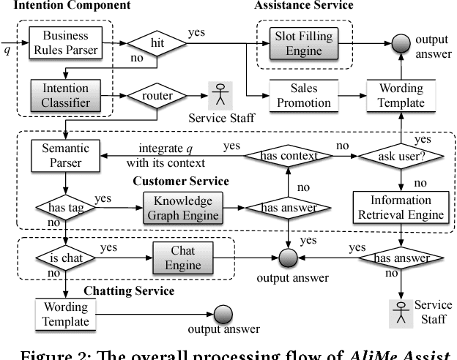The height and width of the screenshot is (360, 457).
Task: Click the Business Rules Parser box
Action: (x=64, y=42)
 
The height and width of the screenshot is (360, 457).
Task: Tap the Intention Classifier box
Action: (x=64, y=94)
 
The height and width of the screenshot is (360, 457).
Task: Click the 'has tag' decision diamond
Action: (x=59, y=208)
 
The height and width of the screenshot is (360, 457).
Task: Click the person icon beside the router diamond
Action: (x=218, y=95)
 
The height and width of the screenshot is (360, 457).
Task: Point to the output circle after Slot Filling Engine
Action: (x=399, y=42)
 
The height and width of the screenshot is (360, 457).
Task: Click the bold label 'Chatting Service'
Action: (x=129, y=291)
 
